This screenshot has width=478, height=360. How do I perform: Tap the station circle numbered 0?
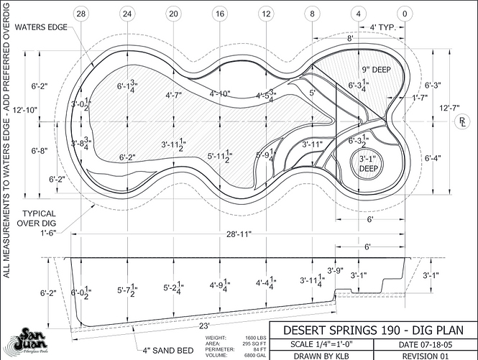pos(405,13)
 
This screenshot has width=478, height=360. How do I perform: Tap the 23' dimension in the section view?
pos(196,325)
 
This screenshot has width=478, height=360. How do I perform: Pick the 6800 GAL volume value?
pos(252,354)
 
